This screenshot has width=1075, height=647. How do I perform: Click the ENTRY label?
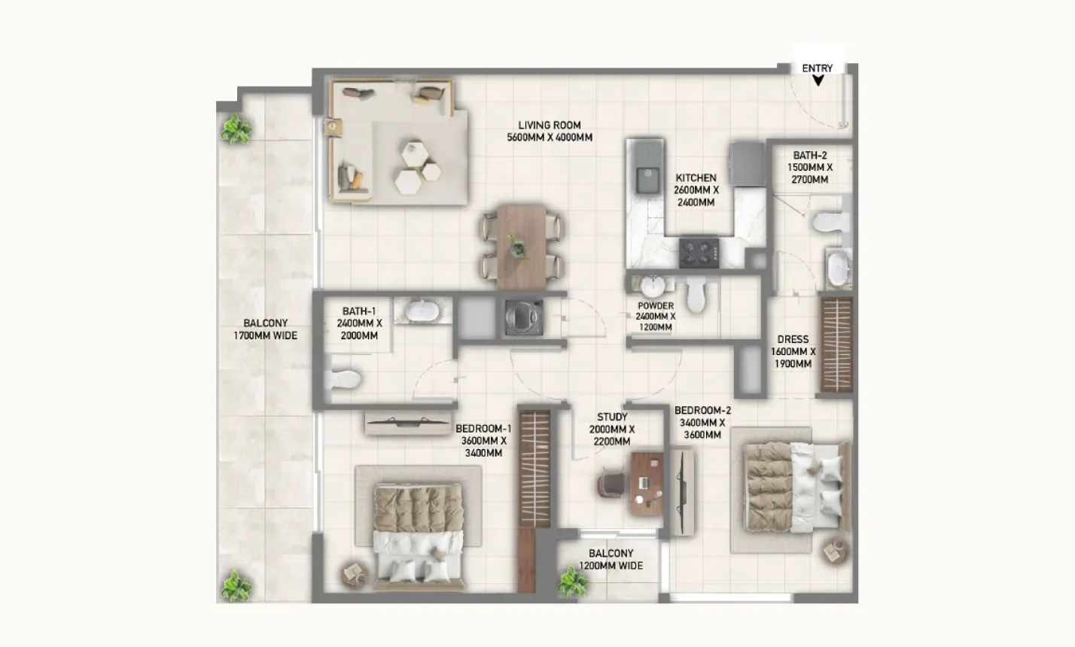click(x=818, y=68)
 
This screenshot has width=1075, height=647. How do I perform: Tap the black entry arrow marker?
click(x=818, y=80)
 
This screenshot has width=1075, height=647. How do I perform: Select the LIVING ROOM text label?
click(x=550, y=125)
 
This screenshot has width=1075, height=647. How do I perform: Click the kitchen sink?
click(x=647, y=179)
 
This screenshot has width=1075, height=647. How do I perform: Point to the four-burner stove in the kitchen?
click(x=699, y=253)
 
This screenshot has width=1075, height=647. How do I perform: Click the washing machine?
click(x=524, y=317)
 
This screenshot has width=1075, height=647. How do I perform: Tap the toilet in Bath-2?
click(x=831, y=222)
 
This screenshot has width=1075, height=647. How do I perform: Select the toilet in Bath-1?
click(x=343, y=379)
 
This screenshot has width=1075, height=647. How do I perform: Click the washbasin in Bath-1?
click(x=422, y=311)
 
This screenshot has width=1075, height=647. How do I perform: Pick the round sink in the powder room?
click(x=653, y=287)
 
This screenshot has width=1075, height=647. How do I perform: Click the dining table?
click(x=521, y=247)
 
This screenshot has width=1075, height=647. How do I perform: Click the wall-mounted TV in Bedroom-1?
click(x=408, y=423)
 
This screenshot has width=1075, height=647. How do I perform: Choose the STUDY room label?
click(x=612, y=418)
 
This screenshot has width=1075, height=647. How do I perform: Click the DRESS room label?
click(x=793, y=339)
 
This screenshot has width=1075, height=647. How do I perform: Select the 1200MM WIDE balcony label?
click(x=611, y=566)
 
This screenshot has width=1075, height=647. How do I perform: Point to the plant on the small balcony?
click(x=573, y=582)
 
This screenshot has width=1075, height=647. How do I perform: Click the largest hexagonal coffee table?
click(x=409, y=181)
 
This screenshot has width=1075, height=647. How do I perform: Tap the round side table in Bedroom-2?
click(x=836, y=551)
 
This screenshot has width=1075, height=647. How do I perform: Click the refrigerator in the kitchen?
click(x=747, y=163)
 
